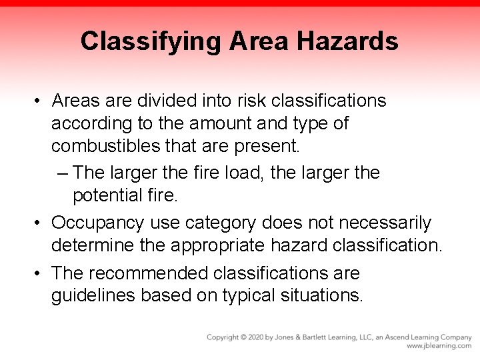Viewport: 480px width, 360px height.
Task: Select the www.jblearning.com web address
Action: (439, 347)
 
